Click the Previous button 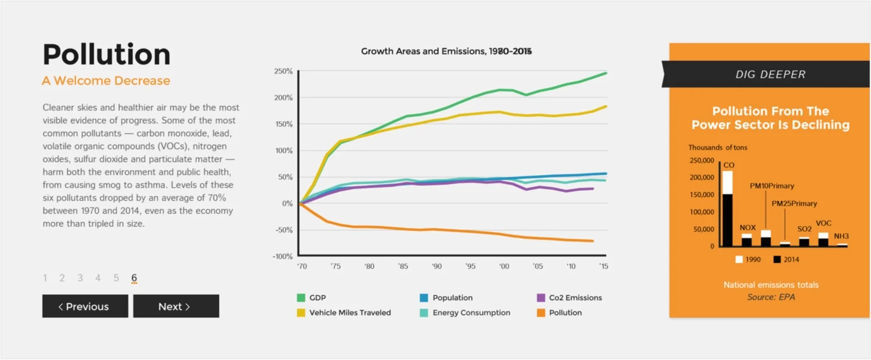pos(85,306)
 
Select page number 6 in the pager pos(134,278)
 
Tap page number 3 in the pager pos(80,278)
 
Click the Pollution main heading pos(107,55)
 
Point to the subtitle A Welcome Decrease pos(106,81)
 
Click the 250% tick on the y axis pos(283,71)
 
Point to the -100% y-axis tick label pos(282,257)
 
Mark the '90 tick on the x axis pos(437,266)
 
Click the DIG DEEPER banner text pos(770,74)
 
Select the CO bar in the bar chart pos(727,208)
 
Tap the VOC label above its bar pos(824,223)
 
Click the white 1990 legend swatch pos(739,259)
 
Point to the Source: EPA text pos(771,297)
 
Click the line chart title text pos(446,51)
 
